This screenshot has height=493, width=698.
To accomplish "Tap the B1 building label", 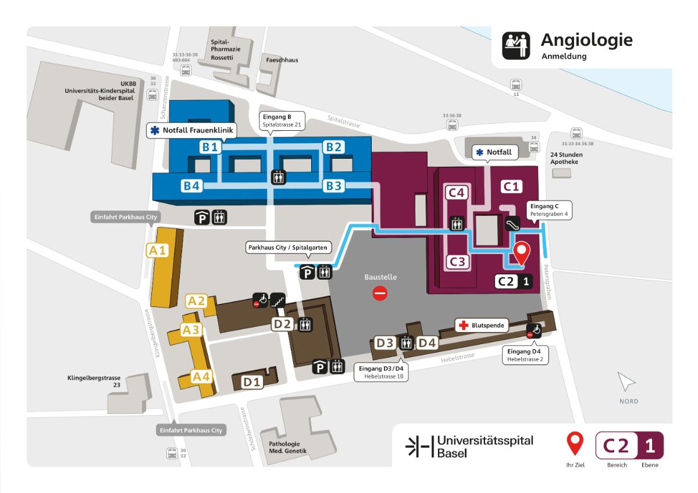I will [x=211, y=147].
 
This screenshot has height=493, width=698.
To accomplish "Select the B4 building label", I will [x=192, y=186].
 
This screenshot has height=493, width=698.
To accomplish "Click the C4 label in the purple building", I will [x=457, y=193].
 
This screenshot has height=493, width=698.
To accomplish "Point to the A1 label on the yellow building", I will [x=156, y=251].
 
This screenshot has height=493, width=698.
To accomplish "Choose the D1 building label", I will [x=252, y=382].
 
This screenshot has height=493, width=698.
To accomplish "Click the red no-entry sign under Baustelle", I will [x=380, y=293].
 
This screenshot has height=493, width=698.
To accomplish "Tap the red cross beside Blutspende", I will [x=463, y=326].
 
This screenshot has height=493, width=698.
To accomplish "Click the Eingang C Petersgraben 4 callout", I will [x=549, y=210].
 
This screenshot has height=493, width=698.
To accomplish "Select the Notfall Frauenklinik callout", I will [x=191, y=131].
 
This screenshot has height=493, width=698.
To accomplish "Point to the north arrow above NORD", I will [x=626, y=383].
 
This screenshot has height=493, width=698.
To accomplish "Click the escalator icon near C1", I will [x=512, y=223].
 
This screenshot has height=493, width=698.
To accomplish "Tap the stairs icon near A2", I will [x=278, y=300].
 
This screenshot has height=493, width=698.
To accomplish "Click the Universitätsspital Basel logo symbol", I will [x=419, y=446].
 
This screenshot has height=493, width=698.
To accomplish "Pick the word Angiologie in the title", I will [x=586, y=40].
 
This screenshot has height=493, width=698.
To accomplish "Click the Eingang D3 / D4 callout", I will [x=381, y=372].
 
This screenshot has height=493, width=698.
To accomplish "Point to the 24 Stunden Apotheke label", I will [x=567, y=159].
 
